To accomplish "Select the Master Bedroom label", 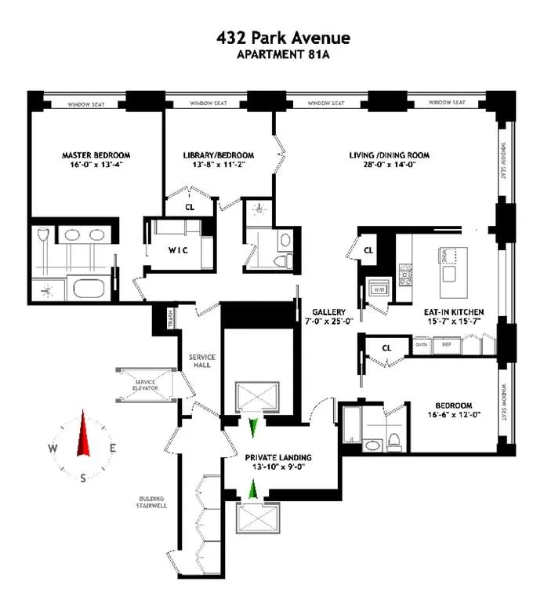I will point(96,155).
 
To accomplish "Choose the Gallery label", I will point(323,311).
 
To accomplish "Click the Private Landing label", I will point(278,457).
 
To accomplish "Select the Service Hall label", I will point(202,361).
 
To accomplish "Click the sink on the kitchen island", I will point(450,274).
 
